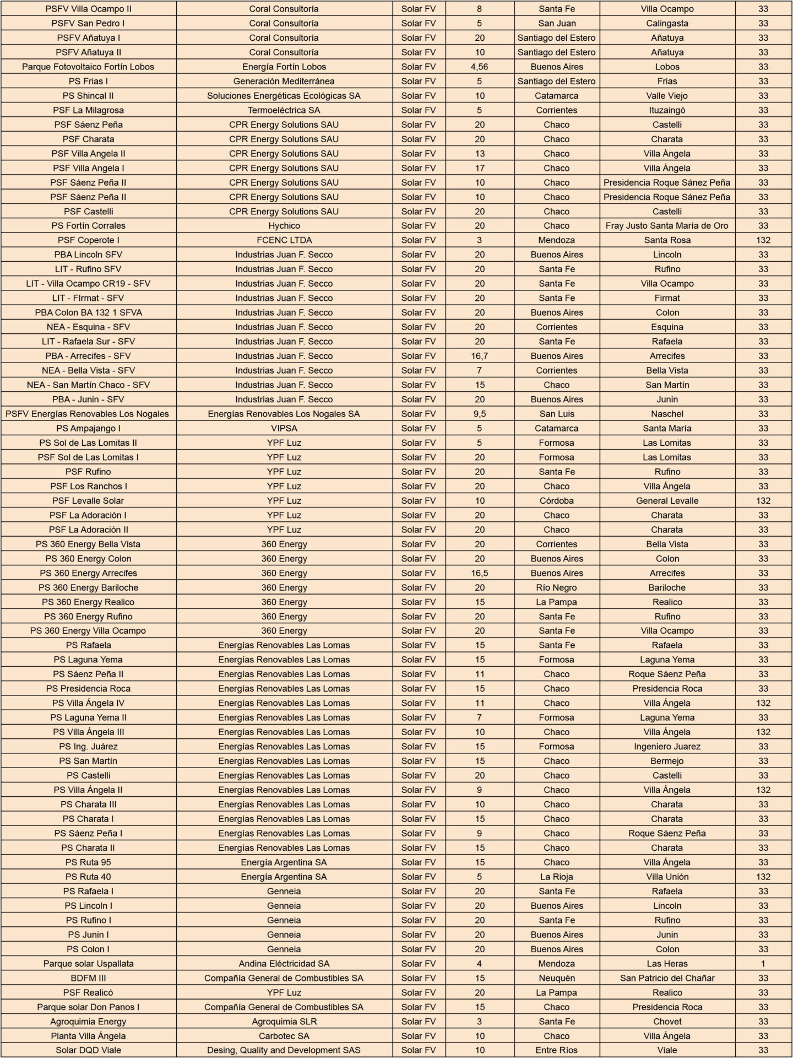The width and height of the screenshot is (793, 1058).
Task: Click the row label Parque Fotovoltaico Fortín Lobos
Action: point(88,67)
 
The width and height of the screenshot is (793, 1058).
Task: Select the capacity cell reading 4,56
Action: point(480,67)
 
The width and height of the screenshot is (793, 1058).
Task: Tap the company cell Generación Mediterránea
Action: point(284,81)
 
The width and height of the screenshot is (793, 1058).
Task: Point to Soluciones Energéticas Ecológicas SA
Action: point(284,96)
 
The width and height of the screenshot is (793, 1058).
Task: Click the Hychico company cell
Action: point(284,226)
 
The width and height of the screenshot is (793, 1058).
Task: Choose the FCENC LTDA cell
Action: point(284,240)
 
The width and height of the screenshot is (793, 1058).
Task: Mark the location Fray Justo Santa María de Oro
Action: point(667,226)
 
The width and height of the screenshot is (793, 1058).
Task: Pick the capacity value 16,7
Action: point(480,356)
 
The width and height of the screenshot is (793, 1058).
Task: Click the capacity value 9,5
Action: point(480,414)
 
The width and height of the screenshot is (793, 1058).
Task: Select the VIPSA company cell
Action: point(284,428)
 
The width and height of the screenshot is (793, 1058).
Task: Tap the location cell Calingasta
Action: point(667,23)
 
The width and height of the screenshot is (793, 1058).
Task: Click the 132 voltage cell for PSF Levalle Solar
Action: point(763,501)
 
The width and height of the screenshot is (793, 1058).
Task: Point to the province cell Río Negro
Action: point(557,587)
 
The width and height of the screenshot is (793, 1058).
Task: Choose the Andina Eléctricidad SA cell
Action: point(284,964)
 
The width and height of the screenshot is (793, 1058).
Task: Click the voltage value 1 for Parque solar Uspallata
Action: point(763,964)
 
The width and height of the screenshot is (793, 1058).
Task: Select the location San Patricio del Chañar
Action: point(667,978)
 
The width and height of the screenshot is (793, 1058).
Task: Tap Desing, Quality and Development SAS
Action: point(284,1050)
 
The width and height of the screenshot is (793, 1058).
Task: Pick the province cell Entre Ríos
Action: point(557,1050)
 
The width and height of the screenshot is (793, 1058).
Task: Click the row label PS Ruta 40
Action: point(88,877)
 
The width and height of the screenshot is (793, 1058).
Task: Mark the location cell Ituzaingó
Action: point(667,110)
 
